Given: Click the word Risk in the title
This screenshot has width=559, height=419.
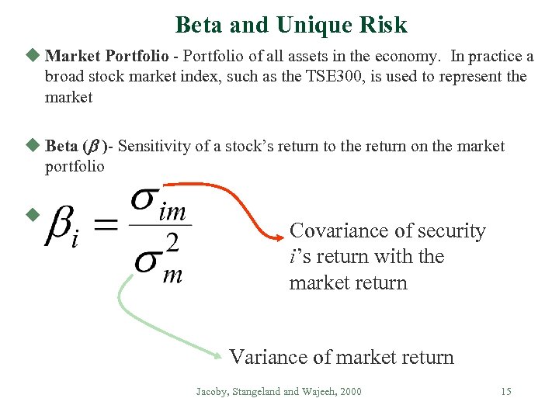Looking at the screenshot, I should [381, 25].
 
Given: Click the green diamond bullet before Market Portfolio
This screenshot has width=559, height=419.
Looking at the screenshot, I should [32, 56].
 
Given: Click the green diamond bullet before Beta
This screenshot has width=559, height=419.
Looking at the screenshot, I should [32, 145].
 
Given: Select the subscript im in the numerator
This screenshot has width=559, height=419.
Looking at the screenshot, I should [172, 212].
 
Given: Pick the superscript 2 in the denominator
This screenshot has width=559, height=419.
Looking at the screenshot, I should [172, 244].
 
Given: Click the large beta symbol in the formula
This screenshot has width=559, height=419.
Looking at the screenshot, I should [62, 225].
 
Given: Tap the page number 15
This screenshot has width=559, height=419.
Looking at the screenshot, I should [505, 392].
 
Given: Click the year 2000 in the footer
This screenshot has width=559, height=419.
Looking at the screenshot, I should [350, 392].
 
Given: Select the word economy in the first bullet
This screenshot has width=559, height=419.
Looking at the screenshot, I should [417, 57].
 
